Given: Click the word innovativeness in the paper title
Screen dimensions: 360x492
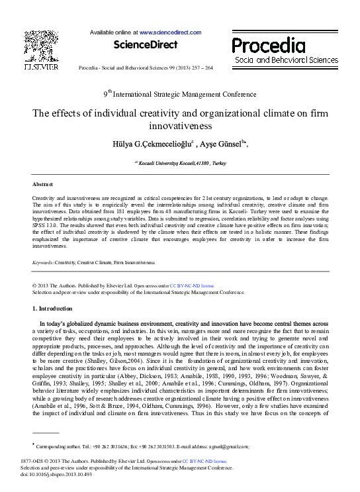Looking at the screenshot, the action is [x=180, y=124].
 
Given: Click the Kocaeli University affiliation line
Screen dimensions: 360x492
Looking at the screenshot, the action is [x=180, y=162].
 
